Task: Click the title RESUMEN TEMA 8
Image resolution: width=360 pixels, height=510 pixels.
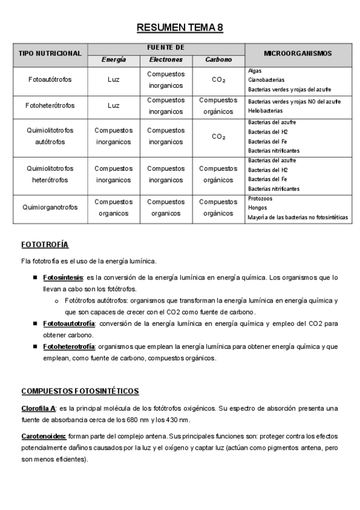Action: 180,28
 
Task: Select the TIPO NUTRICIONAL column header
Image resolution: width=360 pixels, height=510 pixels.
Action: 50,54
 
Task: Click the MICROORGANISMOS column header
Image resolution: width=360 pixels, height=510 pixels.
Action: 297,54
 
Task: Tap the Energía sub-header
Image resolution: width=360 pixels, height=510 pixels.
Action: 114,60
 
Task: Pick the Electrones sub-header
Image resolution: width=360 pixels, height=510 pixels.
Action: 166,60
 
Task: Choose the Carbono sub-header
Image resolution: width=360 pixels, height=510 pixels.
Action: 218,60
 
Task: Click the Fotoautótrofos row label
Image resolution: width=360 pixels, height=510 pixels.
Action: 50,79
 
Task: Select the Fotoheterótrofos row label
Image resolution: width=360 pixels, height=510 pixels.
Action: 50,105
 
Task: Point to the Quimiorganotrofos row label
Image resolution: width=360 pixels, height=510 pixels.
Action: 50,207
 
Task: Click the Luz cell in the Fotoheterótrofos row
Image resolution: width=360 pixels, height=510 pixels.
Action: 114,105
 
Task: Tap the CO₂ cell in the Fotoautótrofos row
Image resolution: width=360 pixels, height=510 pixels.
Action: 218,79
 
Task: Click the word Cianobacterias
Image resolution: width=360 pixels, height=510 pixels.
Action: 266,79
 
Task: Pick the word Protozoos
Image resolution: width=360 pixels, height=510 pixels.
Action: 260,198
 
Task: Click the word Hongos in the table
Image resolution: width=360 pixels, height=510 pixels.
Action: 258,207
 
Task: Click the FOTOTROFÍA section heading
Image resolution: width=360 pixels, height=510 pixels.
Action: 44,245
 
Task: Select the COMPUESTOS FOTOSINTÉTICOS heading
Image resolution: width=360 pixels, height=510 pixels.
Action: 80,392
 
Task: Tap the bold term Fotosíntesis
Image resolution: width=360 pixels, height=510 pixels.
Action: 63,278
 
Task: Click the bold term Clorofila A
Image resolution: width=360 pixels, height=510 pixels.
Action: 38,408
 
